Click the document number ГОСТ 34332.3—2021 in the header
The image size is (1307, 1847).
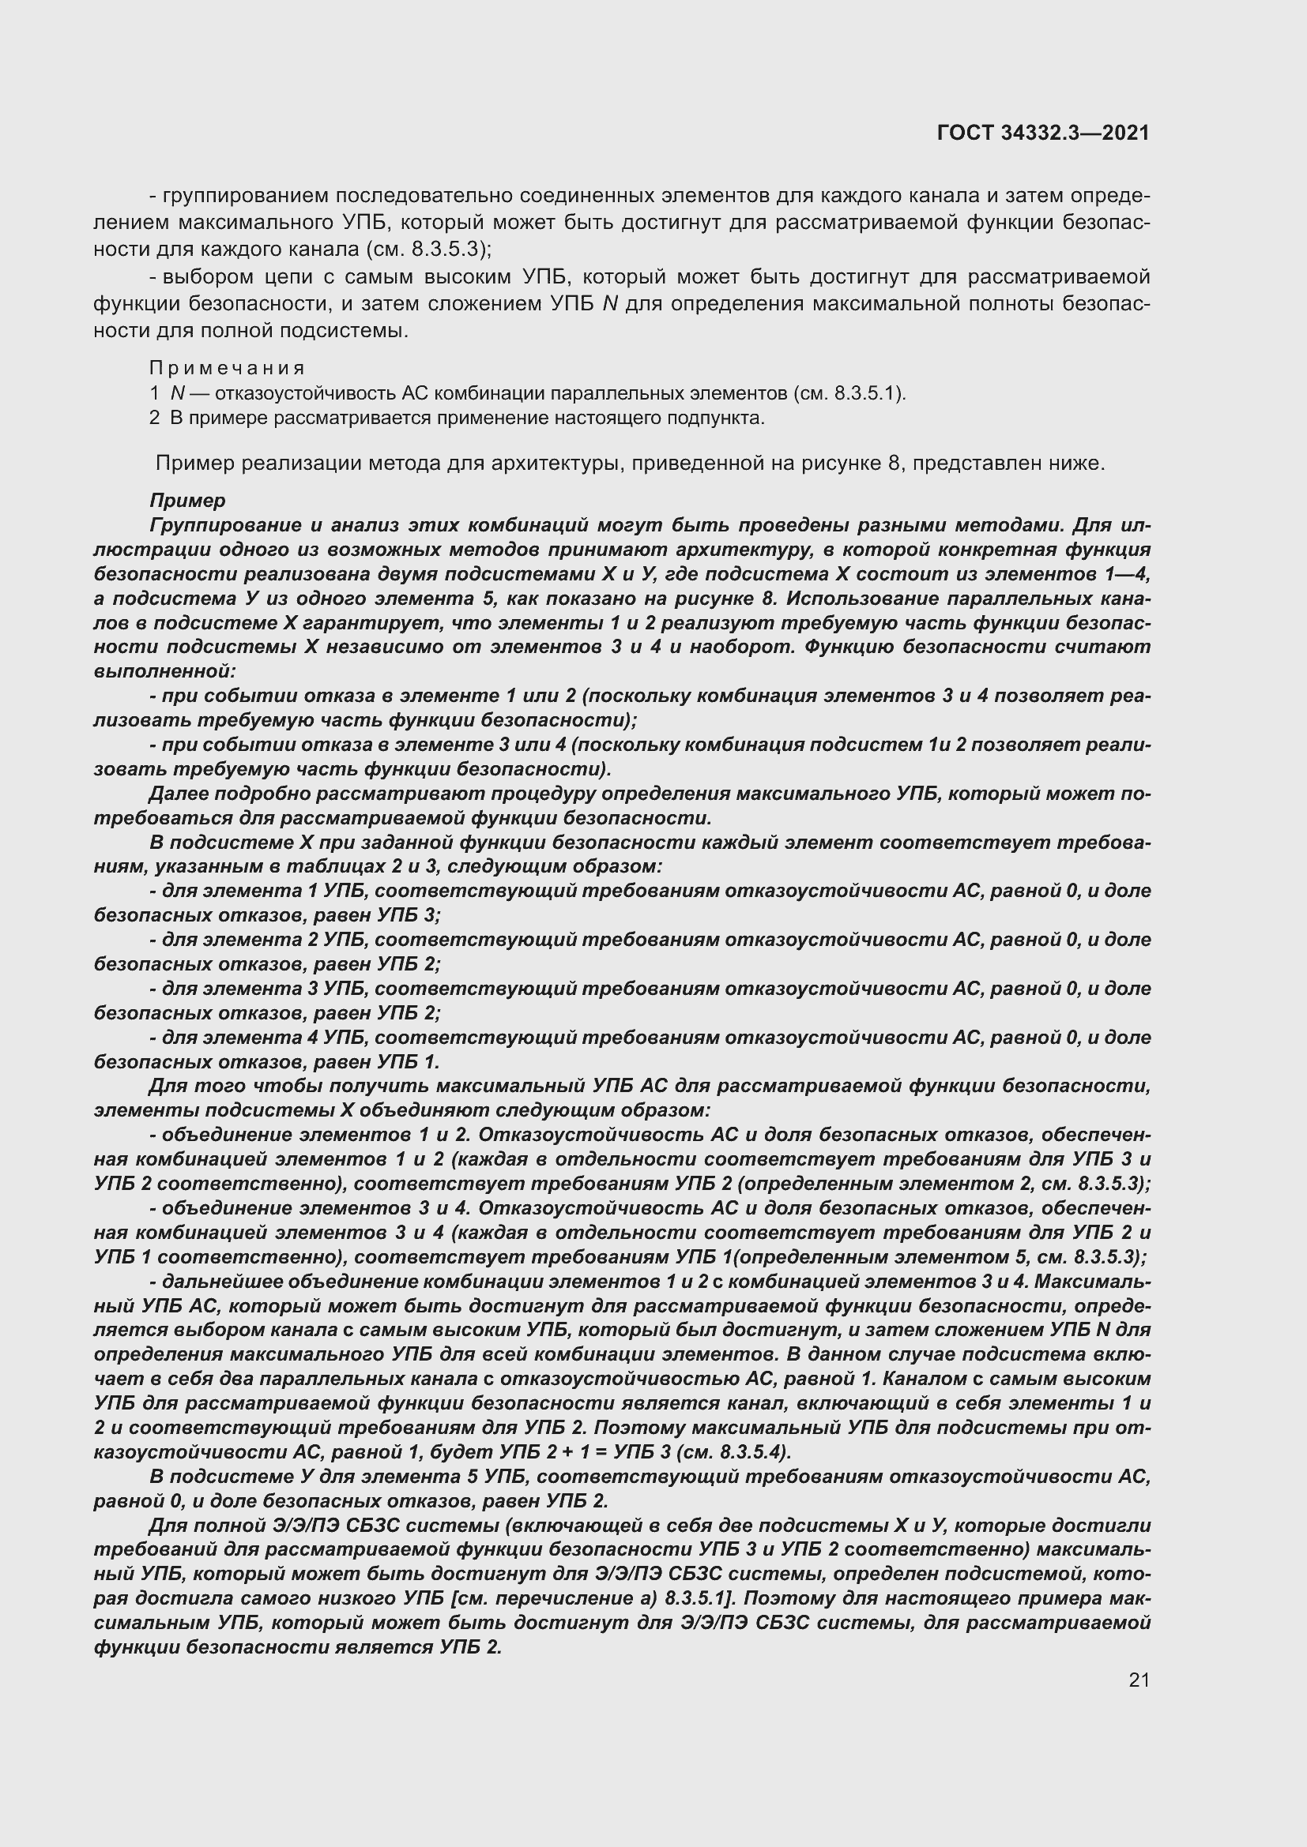(x=1043, y=133)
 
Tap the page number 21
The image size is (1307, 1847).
(x=1139, y=1680)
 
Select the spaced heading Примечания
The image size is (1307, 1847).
(x=227, y=369)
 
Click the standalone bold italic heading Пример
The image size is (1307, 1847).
(x=187, y=501)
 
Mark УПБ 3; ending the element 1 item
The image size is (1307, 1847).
(x=409, y=915)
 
